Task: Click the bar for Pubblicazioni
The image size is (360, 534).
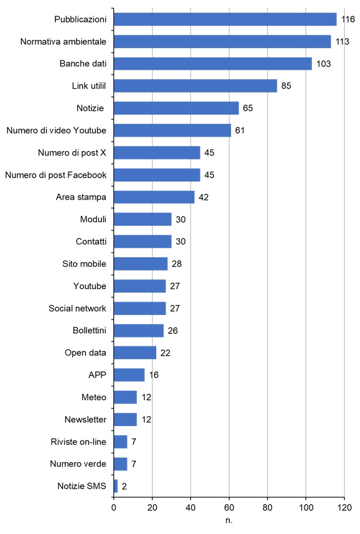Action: (x=225, y=19)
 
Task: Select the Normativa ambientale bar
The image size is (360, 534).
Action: (x=222, y=42)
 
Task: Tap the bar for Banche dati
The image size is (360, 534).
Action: (x=213, y=64)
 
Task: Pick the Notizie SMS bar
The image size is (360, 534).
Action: (x=116, y=486)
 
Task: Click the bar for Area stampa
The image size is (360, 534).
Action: (x=154, y=197)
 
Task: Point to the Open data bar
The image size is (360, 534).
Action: (x=135, y=352)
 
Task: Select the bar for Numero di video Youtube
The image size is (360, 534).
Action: (x=172, y=131)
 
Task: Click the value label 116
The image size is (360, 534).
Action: (x=348, y=19)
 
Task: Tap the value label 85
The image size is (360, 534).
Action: (x=286, y=86)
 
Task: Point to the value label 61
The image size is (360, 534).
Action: (x=239, y=131)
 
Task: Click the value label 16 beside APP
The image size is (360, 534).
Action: (x=154, y=375)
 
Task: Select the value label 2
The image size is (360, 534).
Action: (x=125, y=486)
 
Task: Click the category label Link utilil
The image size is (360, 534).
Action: (x=89, y=86)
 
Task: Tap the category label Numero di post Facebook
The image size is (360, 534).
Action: (x=55, y=175)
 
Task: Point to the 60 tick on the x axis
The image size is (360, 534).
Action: (x=229, y=507)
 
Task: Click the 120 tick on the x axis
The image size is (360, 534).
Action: (x=344, y=507)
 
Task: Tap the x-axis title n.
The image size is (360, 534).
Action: (x=229, y=521)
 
